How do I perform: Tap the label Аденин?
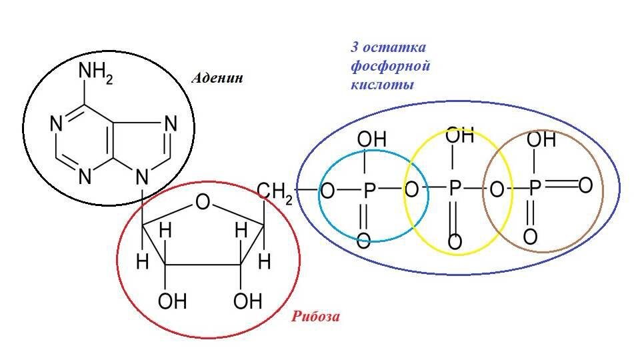(x=217, y=78)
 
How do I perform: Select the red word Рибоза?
(x=315, y=317)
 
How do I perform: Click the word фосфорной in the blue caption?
(x=390, y=67)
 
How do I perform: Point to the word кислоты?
(x=382, y=85)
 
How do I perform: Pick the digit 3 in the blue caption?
(x=355, y=48)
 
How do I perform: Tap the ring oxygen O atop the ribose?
(x=203, y=201)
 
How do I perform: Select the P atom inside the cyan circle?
(x=369, y=191)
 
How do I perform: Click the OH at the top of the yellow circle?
(x=459, y=137)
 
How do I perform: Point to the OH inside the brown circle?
(x=541, y=140)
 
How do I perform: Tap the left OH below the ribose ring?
(x=171, y=302)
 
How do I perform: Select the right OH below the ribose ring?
(x=247, y=302)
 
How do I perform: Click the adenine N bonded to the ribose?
(x=140, y=177)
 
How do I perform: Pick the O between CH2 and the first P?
(x=327, y=191)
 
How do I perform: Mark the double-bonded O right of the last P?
(x=585, y=185)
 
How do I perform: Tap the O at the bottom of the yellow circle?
(x=455, y=241)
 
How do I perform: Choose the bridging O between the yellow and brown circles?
(x=496, y=190)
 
